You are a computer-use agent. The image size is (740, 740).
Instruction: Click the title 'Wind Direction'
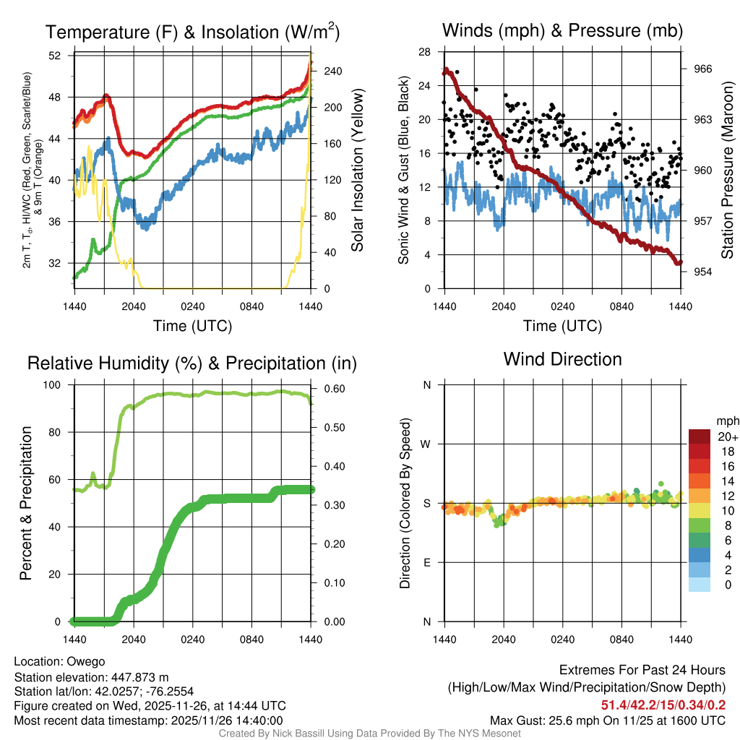pos(562,359)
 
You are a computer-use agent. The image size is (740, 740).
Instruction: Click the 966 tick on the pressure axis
pos(703,69)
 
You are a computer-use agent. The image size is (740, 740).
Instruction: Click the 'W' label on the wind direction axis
pos(427,444)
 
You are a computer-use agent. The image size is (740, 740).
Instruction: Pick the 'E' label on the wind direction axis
pos(427,562)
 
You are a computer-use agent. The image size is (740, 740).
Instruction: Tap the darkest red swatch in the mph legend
pos(700,436)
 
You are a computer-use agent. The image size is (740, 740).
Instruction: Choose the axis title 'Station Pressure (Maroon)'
pos(728,170)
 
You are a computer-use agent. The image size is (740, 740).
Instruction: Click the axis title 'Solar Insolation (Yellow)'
pos(357,170)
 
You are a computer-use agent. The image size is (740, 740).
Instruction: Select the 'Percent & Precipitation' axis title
pos(26,503)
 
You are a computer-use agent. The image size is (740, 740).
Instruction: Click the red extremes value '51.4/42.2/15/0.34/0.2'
pos(663,705)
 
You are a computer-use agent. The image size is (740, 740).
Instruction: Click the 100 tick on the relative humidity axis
pos(55,385)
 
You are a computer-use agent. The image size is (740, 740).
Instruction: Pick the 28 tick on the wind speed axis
pos(425,52)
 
